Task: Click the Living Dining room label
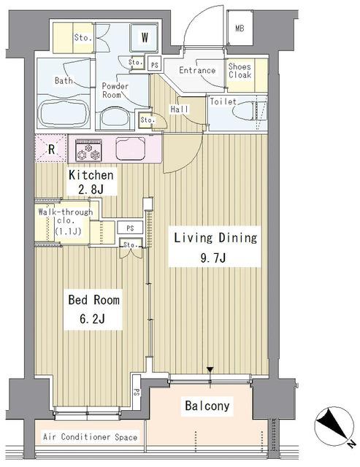[x=215, y=247]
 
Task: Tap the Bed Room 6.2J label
[x=93, y=309]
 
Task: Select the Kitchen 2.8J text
[x=91, y=182]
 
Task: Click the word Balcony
[x=207, y=406]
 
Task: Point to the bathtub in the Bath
[x=64, y=113]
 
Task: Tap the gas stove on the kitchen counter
[x=88, y=150]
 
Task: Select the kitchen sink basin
[x=130, y=149]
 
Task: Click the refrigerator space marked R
[x=51, y=149]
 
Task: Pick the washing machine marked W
[x=145, y=37]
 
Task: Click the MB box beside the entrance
[x=240, y=28]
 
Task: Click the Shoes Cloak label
[x=240, y=70]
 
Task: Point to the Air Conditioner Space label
[x=91, y=437]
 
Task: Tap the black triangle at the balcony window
[x=210, y=370]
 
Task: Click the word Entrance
[x=197, y=70]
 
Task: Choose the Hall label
[x=180, y=109]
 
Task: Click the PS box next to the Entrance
[x=155, y=65]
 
